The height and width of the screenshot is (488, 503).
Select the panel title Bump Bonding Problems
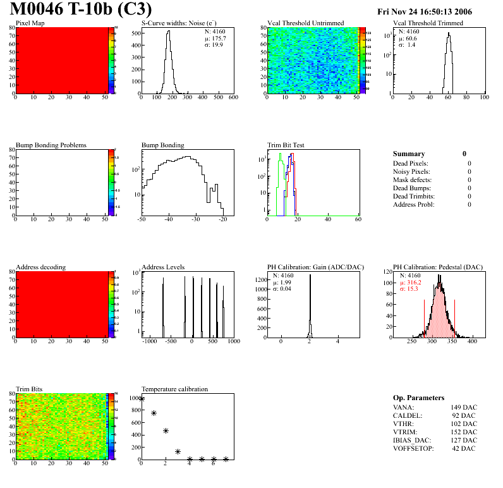pyautogui.click(x=51, y=145)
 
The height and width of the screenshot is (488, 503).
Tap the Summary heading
pyautogui.click(x=409, y=154)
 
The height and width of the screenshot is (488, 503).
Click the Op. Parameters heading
pyautogui.click(x=418, y=398)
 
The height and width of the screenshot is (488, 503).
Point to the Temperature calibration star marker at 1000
pyautogui.click(x=142, y=398)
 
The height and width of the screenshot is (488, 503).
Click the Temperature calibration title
pyautogui.click(x=174, y=389)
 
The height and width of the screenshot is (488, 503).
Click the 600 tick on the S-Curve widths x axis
pyautogui.click(x=233, y=97)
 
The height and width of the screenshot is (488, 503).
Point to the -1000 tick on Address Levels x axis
pyautogui.click(x=149, y=341)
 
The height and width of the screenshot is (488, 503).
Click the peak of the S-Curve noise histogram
pyautogui.click(x=168, y=32)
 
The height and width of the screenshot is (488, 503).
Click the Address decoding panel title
pyautogui.click(x=40, y=267)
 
